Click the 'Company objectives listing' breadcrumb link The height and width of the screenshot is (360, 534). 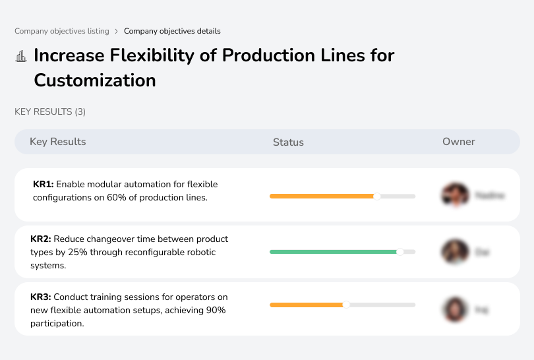click(x=62, y=31)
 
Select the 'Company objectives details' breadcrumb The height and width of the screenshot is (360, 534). click(x=172, y=31)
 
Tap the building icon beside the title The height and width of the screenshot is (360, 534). click(x=20, y=56)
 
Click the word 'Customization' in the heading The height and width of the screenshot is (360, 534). click(x=95, y=80)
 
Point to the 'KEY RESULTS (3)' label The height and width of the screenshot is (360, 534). click(x=50, y=112)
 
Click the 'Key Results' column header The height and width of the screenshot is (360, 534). click(x=58, y=142)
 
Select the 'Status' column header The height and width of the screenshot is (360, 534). click(x=288, y=142)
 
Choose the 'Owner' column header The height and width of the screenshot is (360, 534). click(x=459, y=142)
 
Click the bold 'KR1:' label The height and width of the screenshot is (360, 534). click(x=44, y=185)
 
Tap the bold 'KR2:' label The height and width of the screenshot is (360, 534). click(x=41, y=239)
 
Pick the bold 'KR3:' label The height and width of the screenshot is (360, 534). click(x=41, y=297)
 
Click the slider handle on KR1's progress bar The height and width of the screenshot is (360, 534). click(x=377, y=196)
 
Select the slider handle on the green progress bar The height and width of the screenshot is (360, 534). click(x=400, y=252)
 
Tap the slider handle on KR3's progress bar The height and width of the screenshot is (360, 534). click(x=346, y=305)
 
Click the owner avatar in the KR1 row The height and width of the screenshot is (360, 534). click(x=454, y=195)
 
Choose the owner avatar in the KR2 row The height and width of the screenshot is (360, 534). click(x=454, y=252)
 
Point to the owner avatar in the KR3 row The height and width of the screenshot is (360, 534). click(x=454, y=309)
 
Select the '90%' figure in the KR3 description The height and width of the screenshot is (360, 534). click(x=216, y=311)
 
